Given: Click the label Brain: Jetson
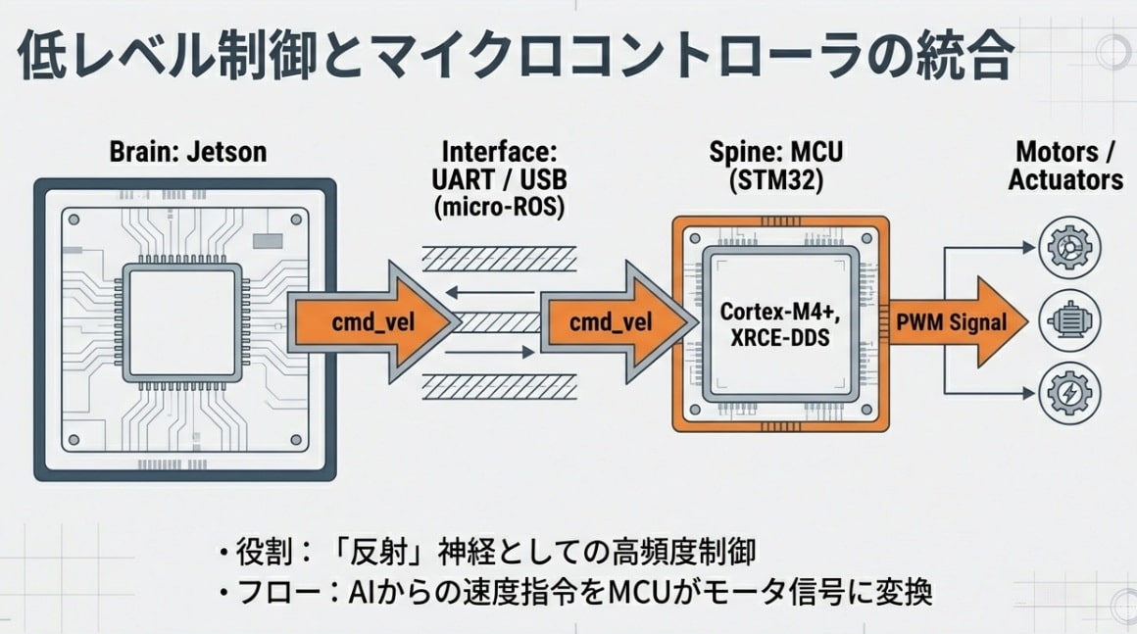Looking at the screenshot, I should point(187,153).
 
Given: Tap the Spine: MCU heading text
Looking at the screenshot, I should point(775,153).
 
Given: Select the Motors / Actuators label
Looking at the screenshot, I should point(1065,166).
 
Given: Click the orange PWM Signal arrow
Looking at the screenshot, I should point(957,322).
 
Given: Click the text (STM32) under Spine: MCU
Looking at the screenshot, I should point(775,180).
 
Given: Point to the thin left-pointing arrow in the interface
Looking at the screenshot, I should point(490,290).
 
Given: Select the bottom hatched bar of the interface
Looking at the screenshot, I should point(498,387).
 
